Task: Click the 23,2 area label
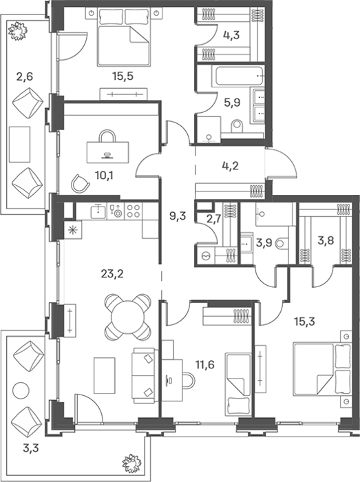click(112, 273)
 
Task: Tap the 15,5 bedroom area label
click(123, 76)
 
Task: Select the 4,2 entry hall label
click(230, 166)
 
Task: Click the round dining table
click(128, 317)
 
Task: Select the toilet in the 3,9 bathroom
click(282, 244)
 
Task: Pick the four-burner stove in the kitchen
click(134, 211)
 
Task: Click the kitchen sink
click(98, 211)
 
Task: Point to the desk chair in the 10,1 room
click(81, 182)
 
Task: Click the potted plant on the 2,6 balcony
click(18, 30)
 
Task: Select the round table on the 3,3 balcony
click(21, 390)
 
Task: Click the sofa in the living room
click(143, 375)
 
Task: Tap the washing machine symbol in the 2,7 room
click(204, 255)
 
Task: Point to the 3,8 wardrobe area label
click(326, 240)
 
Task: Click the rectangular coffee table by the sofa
click(105, 375)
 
